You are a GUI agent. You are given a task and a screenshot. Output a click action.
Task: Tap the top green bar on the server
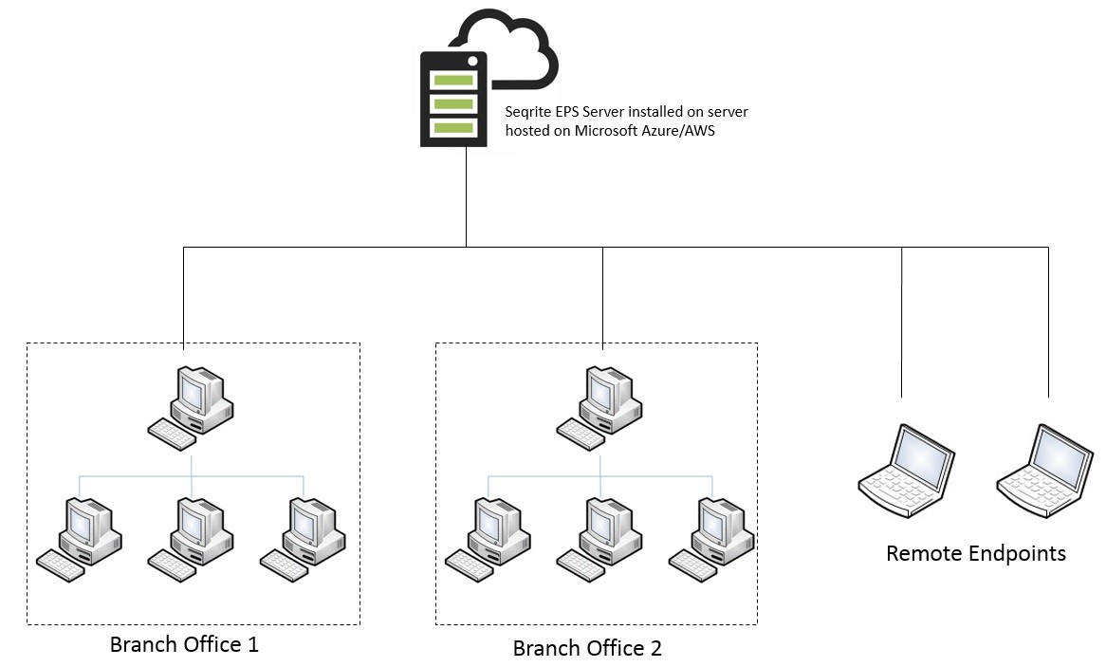452,80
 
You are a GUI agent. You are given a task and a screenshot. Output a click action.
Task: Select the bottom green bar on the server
452,128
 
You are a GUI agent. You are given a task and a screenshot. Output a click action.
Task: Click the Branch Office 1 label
184,644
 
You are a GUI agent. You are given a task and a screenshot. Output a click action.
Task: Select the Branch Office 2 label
587,648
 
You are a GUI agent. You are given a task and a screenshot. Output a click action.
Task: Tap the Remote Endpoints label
975,553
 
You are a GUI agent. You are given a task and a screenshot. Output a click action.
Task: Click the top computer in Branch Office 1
192,407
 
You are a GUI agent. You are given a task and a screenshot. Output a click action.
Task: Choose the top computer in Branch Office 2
599,407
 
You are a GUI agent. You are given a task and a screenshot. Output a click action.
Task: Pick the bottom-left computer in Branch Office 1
79,540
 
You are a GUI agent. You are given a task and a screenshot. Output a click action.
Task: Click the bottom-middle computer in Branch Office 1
192,540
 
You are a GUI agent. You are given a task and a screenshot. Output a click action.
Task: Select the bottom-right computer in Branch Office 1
303,540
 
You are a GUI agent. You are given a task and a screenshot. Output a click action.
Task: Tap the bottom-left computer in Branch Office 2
488,540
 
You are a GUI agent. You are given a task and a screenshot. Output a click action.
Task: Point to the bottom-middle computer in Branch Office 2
599,540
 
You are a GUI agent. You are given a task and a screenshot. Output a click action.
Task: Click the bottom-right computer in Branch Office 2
711,540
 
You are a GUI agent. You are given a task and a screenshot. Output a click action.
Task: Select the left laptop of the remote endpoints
907,472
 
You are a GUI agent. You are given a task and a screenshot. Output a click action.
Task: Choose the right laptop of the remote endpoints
1045,472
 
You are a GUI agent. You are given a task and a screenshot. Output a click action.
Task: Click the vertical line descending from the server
467,197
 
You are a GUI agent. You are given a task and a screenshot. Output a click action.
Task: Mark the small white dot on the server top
472,62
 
